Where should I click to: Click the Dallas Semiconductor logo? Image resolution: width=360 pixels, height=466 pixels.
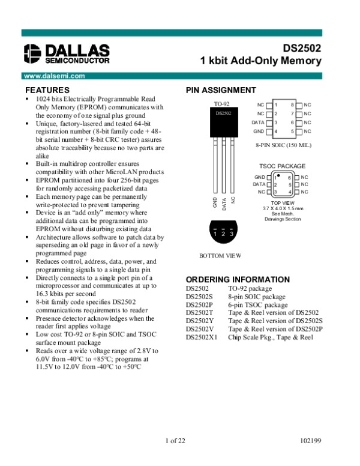click(x=66, y=53)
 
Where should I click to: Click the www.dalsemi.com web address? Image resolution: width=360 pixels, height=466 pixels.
click(x=53, y=76)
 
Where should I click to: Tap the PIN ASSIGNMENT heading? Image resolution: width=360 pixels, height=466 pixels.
click(x=221, y=90)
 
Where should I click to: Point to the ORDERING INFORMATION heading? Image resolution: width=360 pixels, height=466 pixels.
click(x=238, y=280)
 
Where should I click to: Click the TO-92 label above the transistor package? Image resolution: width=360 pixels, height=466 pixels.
click(x=221, y=104)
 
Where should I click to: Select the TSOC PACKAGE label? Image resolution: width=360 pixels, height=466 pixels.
click(x=282, y=166)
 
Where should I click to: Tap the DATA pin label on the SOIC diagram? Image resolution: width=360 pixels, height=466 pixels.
click(x=257, y=123)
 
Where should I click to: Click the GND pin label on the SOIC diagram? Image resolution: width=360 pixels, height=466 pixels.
click(x=259, y=131)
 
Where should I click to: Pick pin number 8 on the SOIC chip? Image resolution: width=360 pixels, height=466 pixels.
click(x=292, y=105)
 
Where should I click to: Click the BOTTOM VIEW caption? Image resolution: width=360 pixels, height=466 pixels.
click(x=220, y=256)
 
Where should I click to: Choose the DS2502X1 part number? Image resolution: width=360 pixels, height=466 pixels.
click(x=202, y=337)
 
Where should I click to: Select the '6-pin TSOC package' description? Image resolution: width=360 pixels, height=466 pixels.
click(x=257, y=305)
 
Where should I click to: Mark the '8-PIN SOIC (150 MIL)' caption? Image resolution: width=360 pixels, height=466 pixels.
click(x=283, y=145)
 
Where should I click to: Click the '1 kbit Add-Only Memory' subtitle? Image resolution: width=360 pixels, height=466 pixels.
click(x=261, y=61)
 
